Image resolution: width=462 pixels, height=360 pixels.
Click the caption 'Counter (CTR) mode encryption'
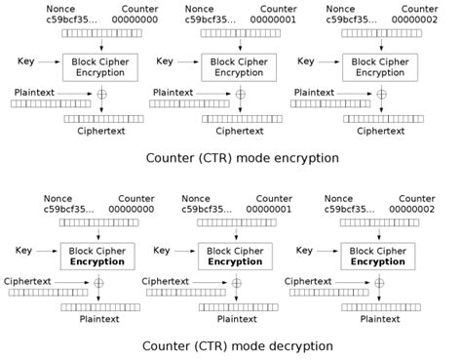coord(243,157)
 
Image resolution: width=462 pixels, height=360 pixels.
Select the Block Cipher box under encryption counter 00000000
coord(98,66)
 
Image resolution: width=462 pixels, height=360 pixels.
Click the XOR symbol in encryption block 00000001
coord(238,96)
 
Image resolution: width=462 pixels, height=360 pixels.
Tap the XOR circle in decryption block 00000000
coord(98,284)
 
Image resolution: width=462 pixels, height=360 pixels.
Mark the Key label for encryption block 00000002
coord(305,61)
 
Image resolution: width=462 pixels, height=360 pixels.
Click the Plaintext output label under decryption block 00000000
coord(98,318)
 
